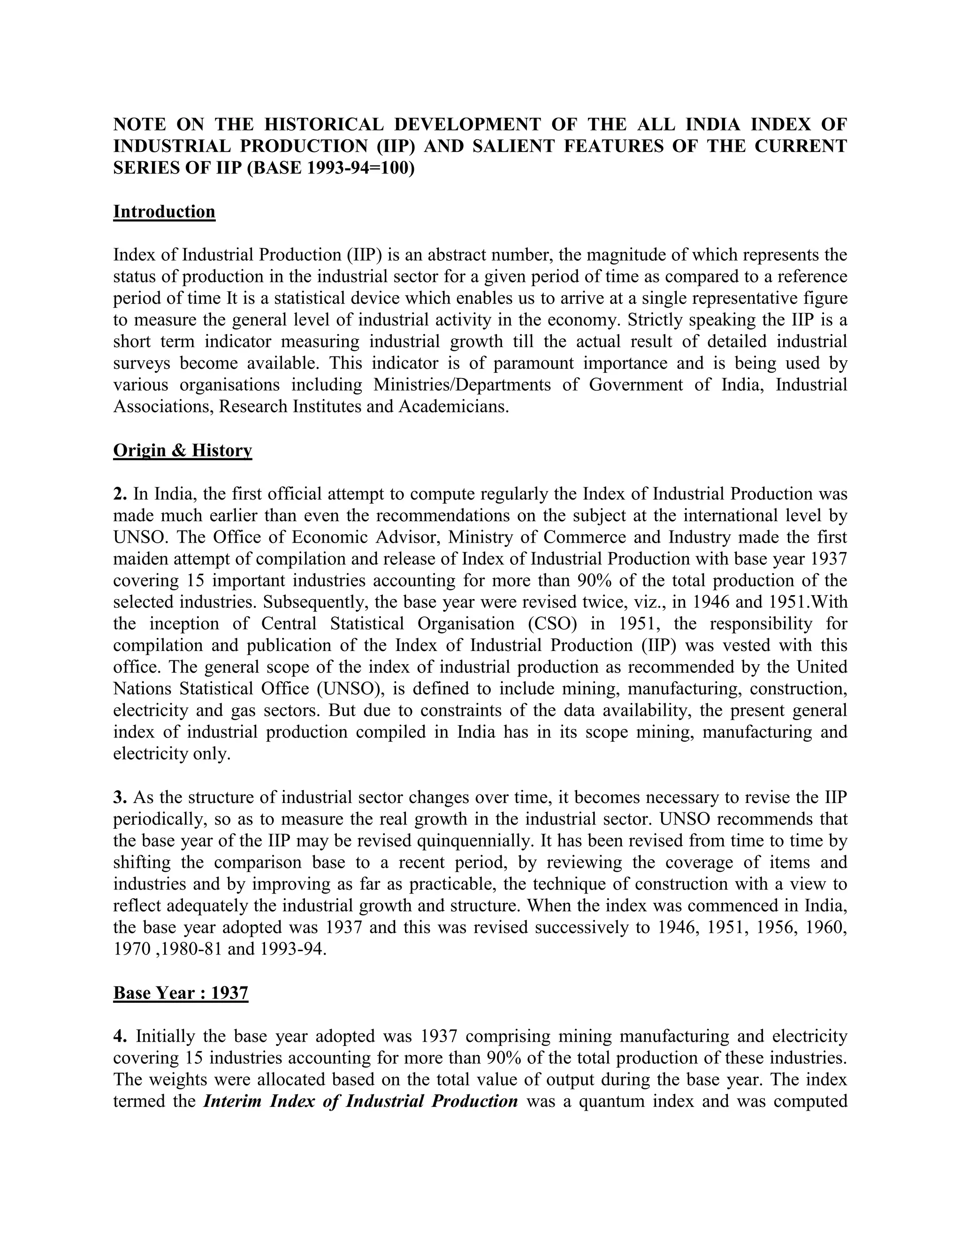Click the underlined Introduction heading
(x=164, y=212)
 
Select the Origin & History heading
(x=182, y=450)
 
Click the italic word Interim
(x=232, y=1101)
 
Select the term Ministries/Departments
(x=462, y=385)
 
